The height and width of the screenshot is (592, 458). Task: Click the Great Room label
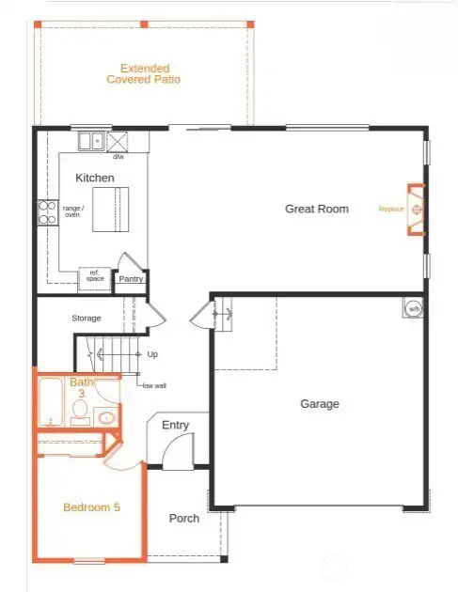317,209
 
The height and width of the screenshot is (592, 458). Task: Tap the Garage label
320,404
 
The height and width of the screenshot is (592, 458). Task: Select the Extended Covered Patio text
144,74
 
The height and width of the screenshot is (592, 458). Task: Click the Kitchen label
95,178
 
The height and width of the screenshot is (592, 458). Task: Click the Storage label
87,319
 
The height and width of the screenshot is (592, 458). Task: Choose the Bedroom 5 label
91,507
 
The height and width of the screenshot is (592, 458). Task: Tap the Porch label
183,519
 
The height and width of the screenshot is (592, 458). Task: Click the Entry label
175,426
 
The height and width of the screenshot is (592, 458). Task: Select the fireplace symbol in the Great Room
416,210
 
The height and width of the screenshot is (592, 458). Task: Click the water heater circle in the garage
412,307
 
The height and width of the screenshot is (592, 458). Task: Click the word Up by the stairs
152,354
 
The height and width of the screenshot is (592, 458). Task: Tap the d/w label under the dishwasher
119,156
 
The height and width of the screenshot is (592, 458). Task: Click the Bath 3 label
82,388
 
